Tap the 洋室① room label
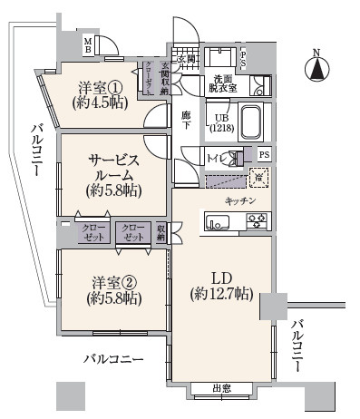pyautogui.click(x=99, y=94)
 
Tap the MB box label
pyautogui.click(x=88, y=45)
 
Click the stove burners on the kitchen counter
pyautogui.click(x=257, y=220)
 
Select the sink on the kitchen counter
pyautogui.click(x=220, y=221)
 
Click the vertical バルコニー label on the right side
pyautogui.click(x=298, y=346)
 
